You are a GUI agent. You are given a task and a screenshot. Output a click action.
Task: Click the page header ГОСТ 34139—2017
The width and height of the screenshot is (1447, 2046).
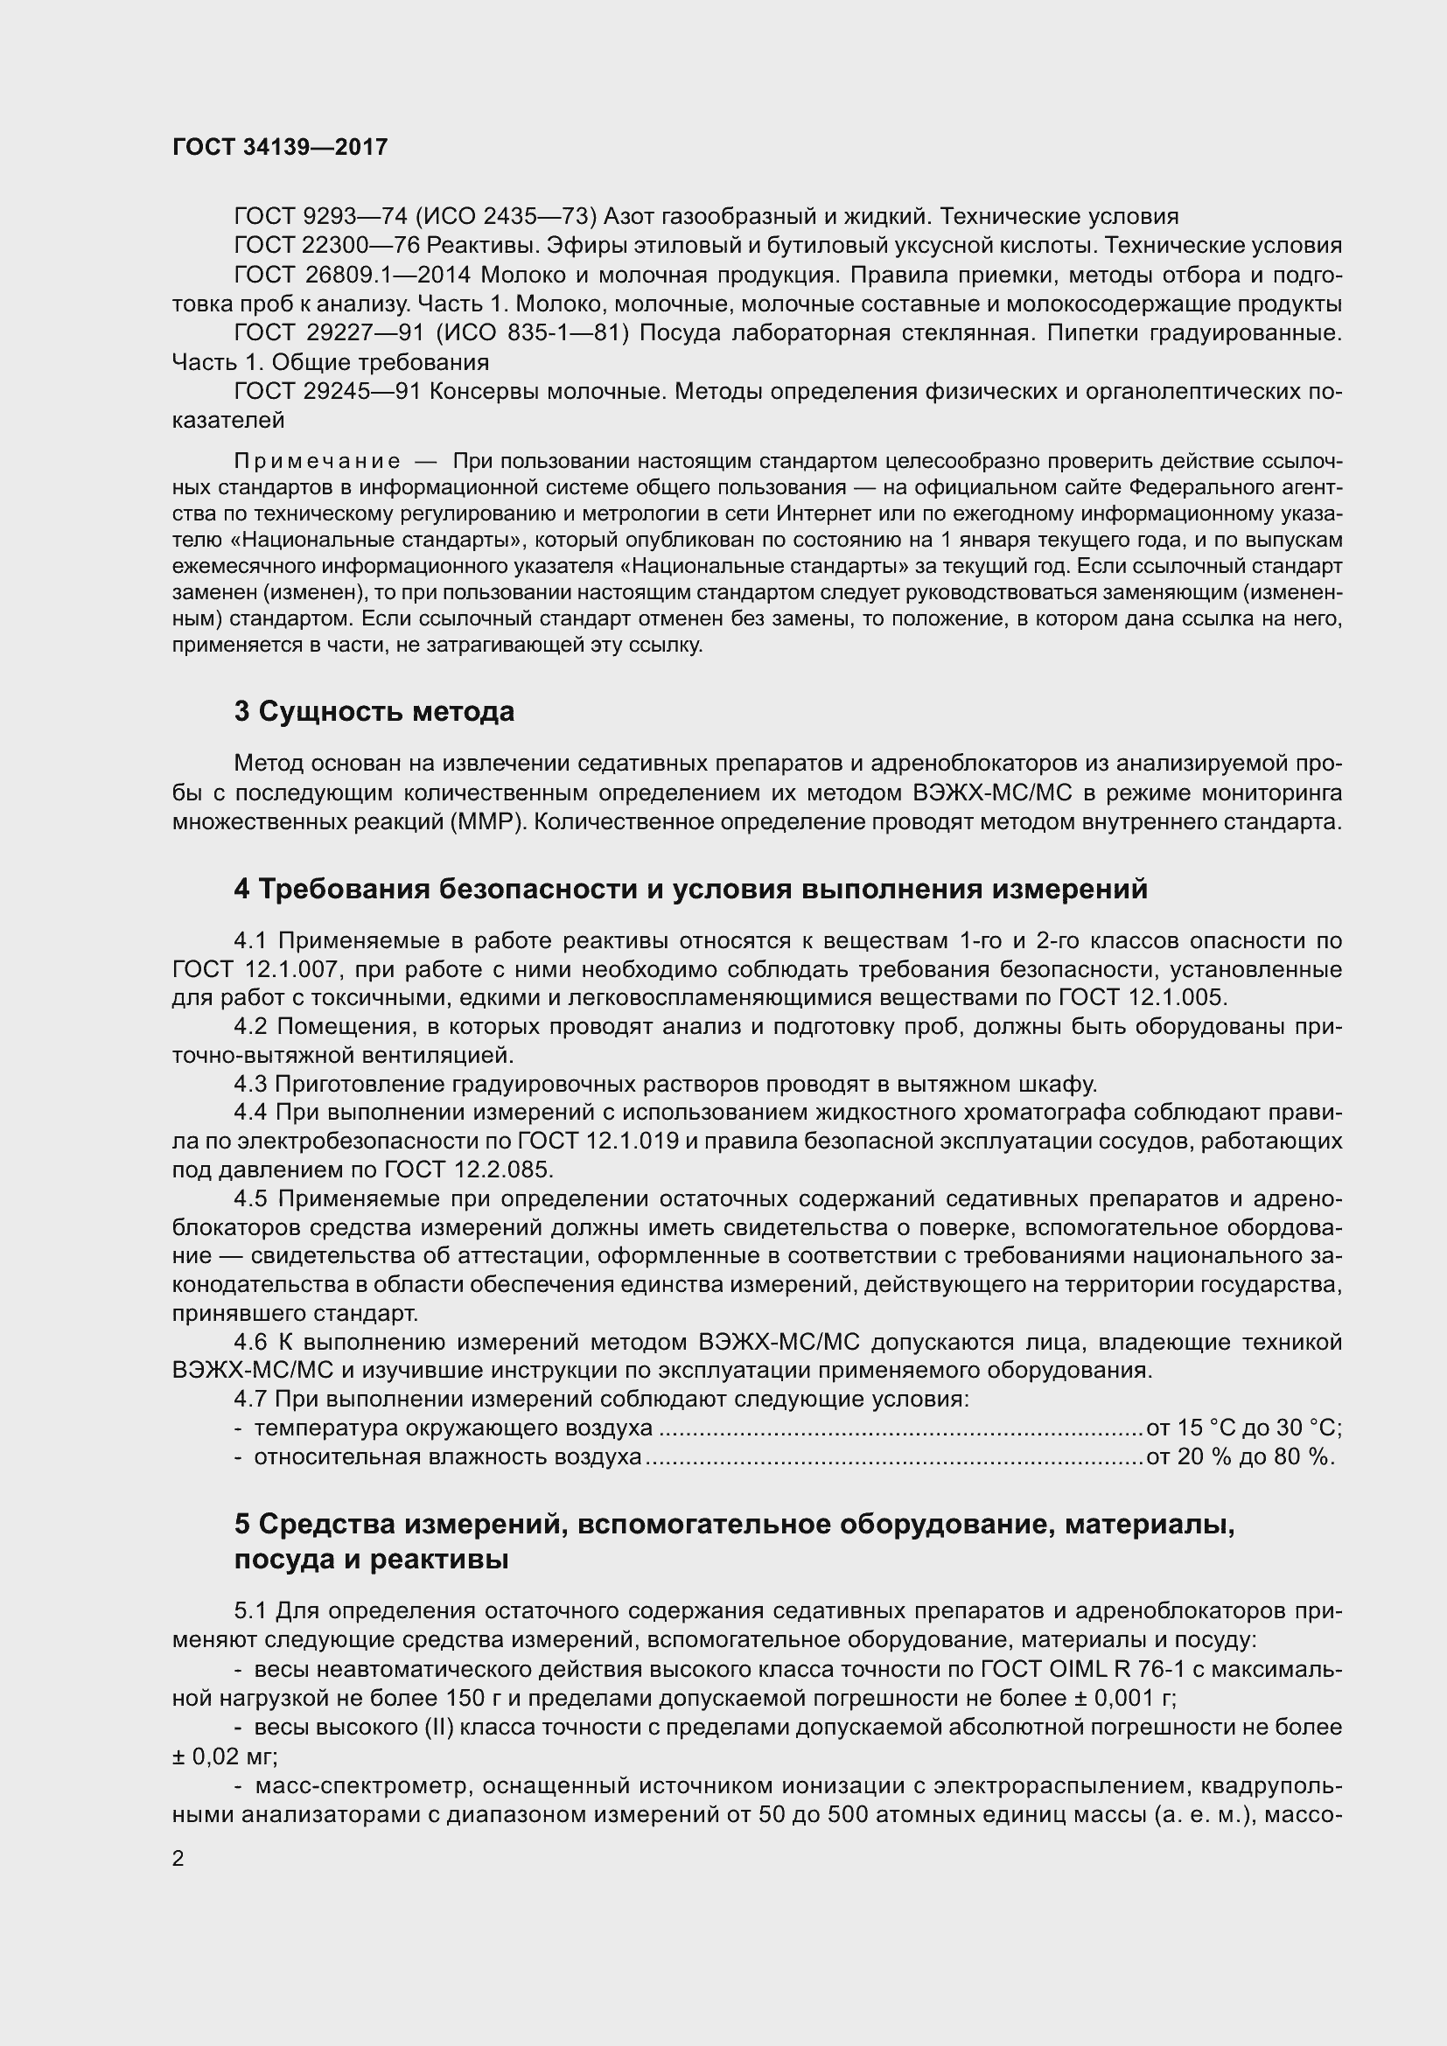[x=280, y=147]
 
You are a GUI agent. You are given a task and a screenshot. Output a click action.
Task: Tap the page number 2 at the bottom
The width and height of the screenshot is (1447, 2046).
[x=178, y=1859]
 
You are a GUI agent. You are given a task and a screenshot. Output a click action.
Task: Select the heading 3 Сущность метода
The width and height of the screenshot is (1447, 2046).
[x=374, y=711]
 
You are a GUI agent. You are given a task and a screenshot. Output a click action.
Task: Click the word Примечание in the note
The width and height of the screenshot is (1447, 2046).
[x=318, y=461]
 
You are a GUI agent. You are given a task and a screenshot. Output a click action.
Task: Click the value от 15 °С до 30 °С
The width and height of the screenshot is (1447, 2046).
[x=1244, y=1428]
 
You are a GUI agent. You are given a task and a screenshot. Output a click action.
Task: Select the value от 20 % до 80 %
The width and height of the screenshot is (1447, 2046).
[x=1241, y=1457]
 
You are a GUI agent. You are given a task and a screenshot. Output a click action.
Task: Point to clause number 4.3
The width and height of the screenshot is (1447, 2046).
[x=251, y=1084]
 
